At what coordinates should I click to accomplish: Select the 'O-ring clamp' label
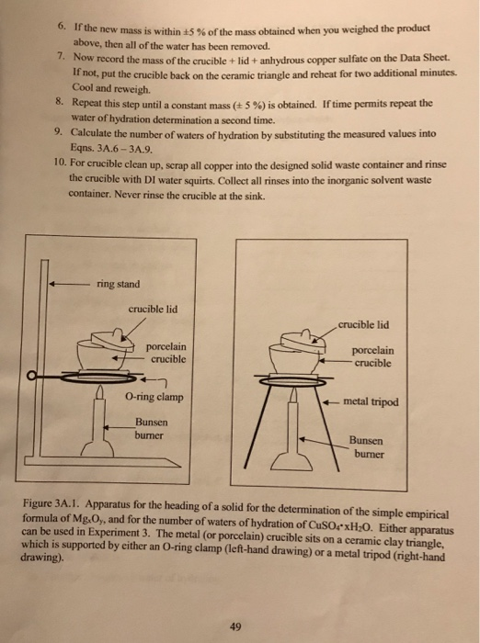[154, 398]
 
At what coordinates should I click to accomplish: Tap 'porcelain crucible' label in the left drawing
[169, 353]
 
